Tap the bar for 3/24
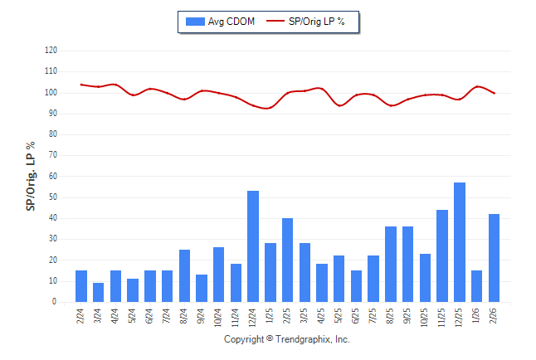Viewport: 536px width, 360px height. (99, 293)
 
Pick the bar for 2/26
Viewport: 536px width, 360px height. (495, 258)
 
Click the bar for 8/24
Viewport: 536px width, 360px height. (184, 275)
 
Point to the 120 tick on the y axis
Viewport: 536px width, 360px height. (51, 50)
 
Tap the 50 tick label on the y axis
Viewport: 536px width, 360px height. (52, 197)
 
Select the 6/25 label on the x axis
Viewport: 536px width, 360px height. (357, 316)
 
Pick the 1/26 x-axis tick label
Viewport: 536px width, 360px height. (477, 316)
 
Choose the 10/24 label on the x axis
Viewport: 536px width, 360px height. (218, 318)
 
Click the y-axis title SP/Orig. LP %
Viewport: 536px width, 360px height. (31, 176)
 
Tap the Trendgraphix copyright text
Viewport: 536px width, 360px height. (287, 340)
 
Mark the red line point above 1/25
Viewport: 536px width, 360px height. (270, 107)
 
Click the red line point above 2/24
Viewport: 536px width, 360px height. (81, 85)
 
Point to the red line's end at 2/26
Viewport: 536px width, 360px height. (495, 93)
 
